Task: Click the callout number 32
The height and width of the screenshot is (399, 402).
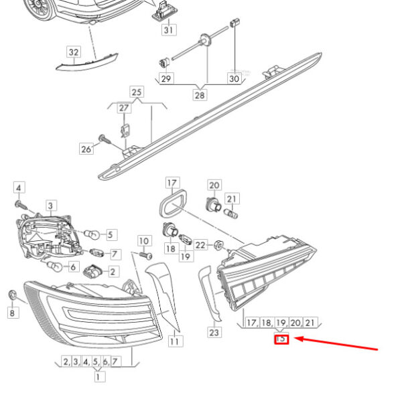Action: (x=74, y=52)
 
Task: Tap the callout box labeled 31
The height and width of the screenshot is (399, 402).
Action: (x=169, y=29)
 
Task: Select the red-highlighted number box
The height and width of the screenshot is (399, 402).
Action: (x=281, y=339)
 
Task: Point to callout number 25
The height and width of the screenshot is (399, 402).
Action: (x=137, y=92)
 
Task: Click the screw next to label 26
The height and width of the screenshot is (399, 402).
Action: (x=105, y=139)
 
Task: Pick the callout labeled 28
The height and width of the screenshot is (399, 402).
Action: (x=200, y=95)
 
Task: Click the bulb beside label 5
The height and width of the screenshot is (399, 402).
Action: (x=92, y=234)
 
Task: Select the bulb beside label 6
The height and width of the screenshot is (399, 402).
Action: (x=55, y=266)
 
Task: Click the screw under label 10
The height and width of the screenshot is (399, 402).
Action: (x=146, y=256)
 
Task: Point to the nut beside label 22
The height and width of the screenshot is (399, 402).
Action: (x=219, y=245)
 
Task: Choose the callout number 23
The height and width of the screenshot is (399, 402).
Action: (x=214, y=333)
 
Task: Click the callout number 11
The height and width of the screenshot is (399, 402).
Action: (x=176, y=341)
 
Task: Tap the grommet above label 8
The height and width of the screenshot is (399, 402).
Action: (x=12, y=295)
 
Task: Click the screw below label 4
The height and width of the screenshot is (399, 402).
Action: (x=21, y=205)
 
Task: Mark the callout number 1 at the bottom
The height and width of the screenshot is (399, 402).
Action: (x=98, y=377)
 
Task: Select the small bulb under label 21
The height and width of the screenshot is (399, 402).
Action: (x=230, y=214)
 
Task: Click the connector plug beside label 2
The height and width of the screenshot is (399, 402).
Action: (x=92, y=271)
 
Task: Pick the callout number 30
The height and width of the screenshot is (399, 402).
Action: (x=234, y=78)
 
